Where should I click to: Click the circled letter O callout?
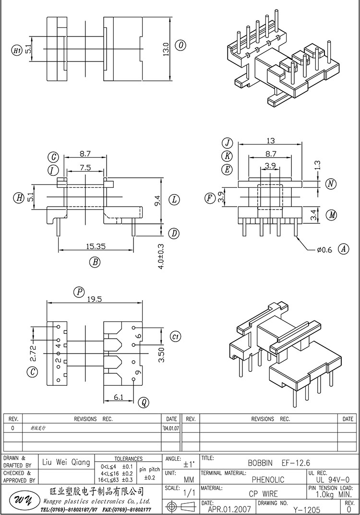click(180, 46)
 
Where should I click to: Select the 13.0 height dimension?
click(166, 49)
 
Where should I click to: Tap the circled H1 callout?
click(16, 50)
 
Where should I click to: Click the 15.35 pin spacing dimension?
click(96, 246)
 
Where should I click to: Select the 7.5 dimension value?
click(85, 168)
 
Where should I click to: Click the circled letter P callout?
click(79, 292)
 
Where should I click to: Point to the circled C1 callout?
click(175, 337)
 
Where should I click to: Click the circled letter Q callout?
click(143, 402)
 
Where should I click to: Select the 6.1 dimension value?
click(118, 397)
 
